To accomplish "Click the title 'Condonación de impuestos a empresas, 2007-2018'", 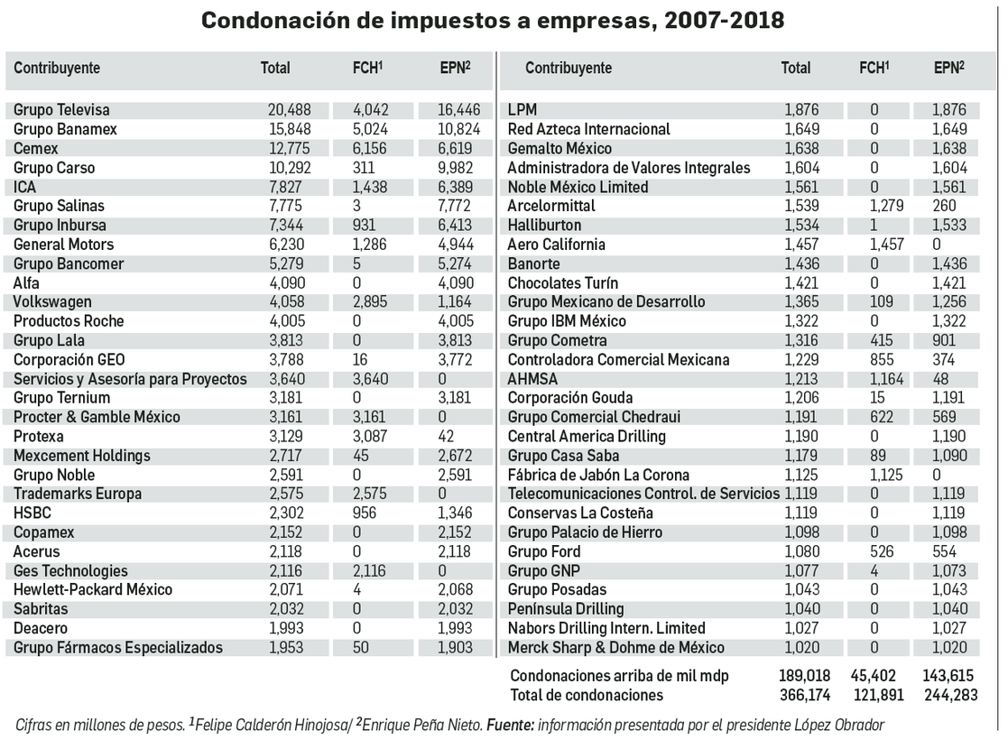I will click(x=492, y=21).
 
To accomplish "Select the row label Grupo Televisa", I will click(x=61, y=110).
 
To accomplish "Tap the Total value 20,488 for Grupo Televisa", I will click(x=289, y=110).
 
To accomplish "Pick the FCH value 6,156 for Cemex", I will click(x=368, y=149).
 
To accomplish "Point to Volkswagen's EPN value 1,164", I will click(x=458, y=302).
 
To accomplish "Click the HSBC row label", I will click(x=32, y=513).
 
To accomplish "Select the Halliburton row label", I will click(x=544, y=226).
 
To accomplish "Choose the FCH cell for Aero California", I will click(x=874, y=245).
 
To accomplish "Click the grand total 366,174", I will click(x=806, y=695).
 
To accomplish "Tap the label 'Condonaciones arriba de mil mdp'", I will click(x=619, y=676).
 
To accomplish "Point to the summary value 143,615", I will click(x=949, y=676).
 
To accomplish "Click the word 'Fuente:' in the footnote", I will click(x=512, y=726).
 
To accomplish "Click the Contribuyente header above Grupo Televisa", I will click(x=57, y=68).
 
